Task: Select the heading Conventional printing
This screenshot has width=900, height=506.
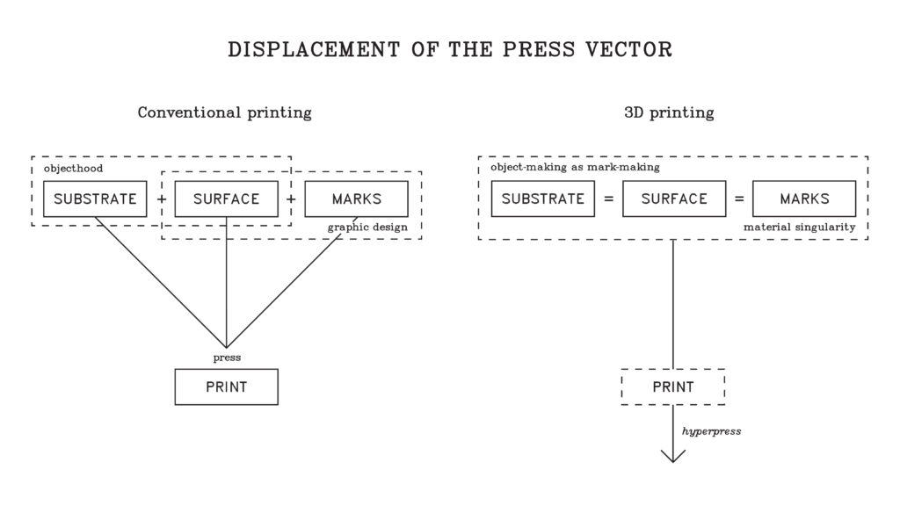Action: pyautogui.click(x=224, y=112)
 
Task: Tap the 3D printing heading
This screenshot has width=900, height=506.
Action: pyautogui.click(x=669, y=112)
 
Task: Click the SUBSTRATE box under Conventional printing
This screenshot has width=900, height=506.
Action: pyautogui.click(x=95, y=199)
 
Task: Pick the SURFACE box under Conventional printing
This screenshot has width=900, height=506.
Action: pyautogui.click(x=226, y=199)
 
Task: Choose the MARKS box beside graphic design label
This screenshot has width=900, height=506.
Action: pyautogui.click(x=356, y=199)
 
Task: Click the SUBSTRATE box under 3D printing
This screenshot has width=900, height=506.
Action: pyautogui.click(x=542, y=199)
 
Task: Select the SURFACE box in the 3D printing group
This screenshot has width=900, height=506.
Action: pyautogui.click(x=674, y=199)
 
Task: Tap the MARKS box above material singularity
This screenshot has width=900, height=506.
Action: pyautogui.click(x=804, y=199)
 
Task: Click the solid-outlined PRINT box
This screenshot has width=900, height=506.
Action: pyautogui.click(x=226, y=387)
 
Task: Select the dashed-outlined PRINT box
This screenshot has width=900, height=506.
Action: pyautogui.click(x=673, y=387)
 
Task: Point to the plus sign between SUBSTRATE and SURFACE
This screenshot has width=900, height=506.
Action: pyautogui.click(x=161, y=199)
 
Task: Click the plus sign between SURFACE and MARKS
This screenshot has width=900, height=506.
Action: pyautogui.click(x=291, y=199)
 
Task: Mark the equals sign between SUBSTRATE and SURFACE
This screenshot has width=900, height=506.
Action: pyautogui.click(x=608, y=199)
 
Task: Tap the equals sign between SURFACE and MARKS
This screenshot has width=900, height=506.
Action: pyautogui.click(x=739, y=199)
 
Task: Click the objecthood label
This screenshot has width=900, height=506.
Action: pyautogui.click(x=73, y=168)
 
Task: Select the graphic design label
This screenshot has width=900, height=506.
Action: pyautogui.click(x=367, y=228)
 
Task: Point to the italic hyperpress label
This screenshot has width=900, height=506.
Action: pyautogui.click(x=711, y=431)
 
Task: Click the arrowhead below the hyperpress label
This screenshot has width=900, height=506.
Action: pyautogui.click(x=673, y=455)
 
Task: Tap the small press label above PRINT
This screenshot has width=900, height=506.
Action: pyautogui.click(x=227, y=358)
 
